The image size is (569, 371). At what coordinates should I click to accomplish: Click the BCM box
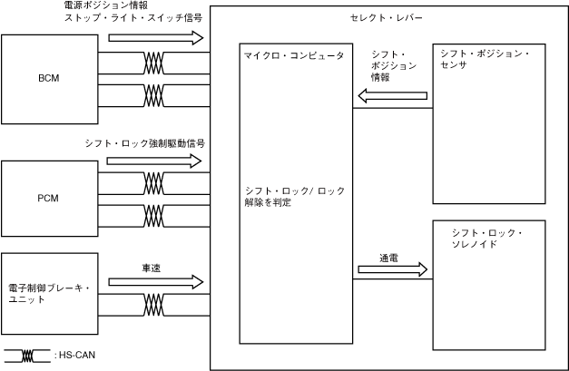click(x=48, y=78)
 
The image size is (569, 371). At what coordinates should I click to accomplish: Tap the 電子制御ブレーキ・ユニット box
click(x=48, y=294)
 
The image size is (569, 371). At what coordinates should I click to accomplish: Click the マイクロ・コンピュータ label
click(x=293, y=56)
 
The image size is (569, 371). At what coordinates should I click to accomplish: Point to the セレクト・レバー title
click(x=386, y=18)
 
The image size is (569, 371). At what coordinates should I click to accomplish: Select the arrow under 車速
click(x=154, y=284)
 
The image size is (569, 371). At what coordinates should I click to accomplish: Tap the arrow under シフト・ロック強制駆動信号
click(x=154, y=161)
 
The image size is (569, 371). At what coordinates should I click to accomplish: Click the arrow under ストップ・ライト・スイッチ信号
click(x=154, y=37)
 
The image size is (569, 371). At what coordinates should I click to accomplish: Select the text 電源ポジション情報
click(x=101, y=5)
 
